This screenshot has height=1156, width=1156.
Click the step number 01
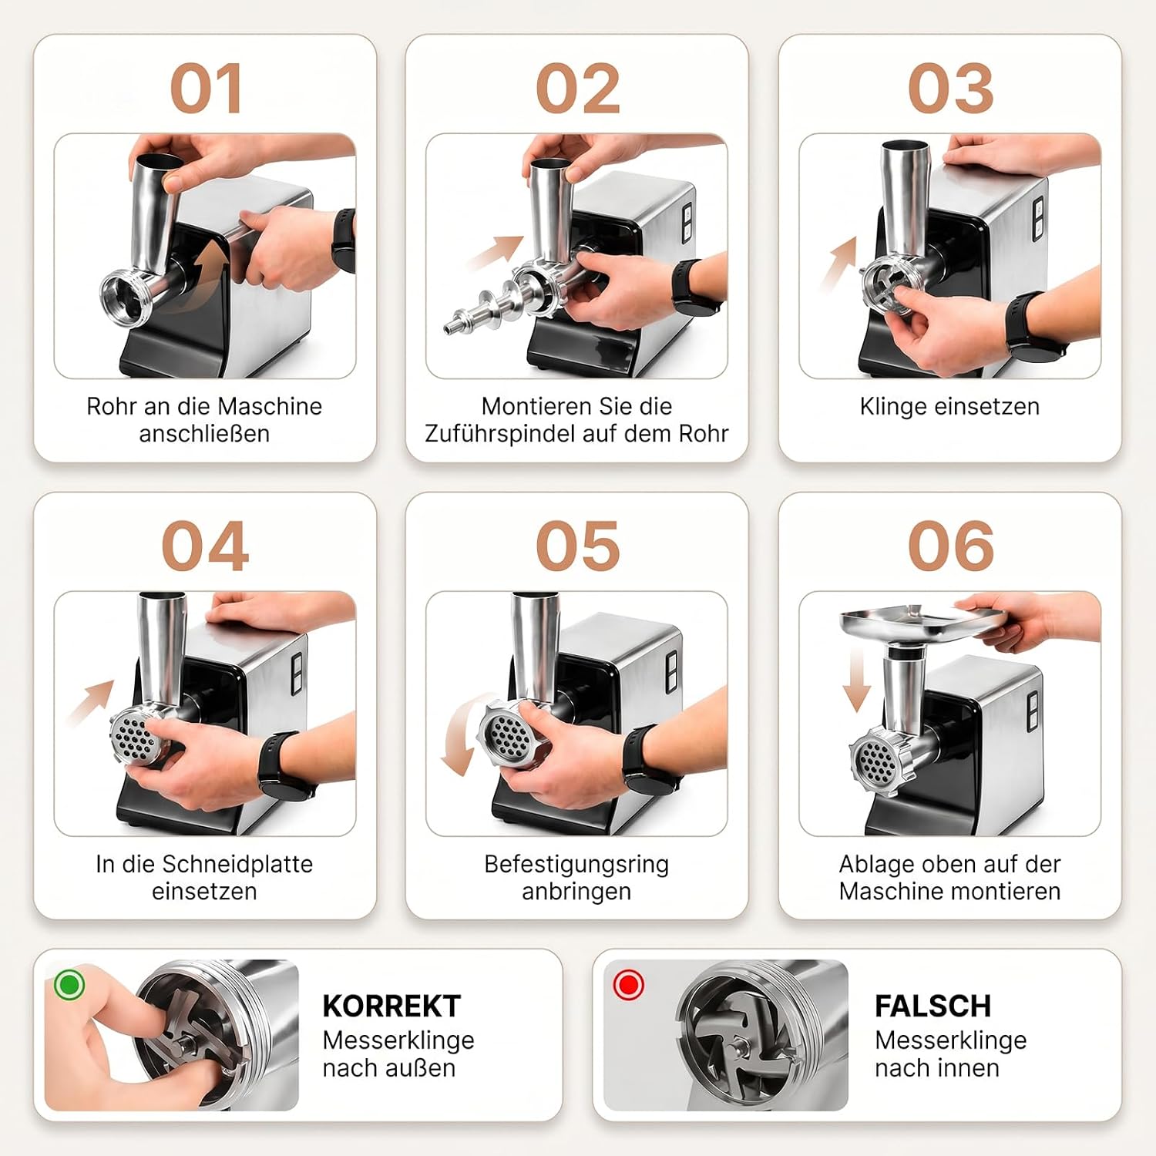[x=206, y=89]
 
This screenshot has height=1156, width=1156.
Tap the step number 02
[x=577, y=89]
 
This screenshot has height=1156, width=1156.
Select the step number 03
[x=950, y=89]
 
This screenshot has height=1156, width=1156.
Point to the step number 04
[x=205, y=546]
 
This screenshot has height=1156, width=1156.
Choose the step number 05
[x=577, y=546]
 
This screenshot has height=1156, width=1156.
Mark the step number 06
[x=950, y=546]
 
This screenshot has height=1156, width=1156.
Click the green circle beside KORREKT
[x=69, y=984]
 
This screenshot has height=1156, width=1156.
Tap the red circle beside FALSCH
[x=628, y=984]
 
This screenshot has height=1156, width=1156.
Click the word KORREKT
[x=391, y=1006]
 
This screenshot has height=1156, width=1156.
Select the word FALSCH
[x=933, y=1006]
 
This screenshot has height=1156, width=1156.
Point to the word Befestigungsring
[x=576, y=865]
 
